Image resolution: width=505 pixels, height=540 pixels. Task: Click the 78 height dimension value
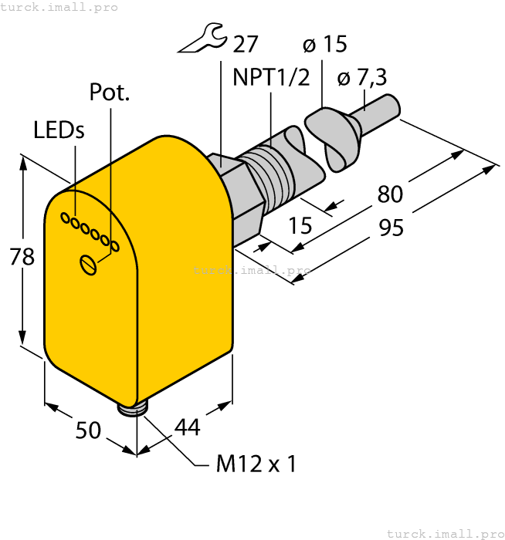point(22,256)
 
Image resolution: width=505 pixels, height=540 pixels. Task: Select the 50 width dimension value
point(89,430)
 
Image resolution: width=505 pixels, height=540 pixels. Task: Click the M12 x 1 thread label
point(256,464)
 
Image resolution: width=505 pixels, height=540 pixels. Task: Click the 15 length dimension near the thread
point(300,226)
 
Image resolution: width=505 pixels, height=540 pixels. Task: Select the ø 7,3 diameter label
point(362,78)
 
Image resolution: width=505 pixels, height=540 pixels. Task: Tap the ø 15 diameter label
point(325,45)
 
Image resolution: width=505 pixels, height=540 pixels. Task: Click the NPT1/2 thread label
point(271,78)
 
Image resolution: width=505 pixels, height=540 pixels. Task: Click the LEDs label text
point(59,130)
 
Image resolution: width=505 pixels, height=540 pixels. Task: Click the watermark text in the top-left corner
point(59,7)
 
